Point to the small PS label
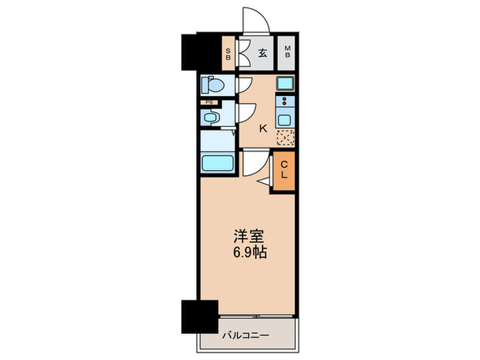coord(208,103)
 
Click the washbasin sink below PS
coord(211,117)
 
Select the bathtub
coord(217,164)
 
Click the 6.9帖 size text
coord(248,252)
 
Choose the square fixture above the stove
coord(285,84)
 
